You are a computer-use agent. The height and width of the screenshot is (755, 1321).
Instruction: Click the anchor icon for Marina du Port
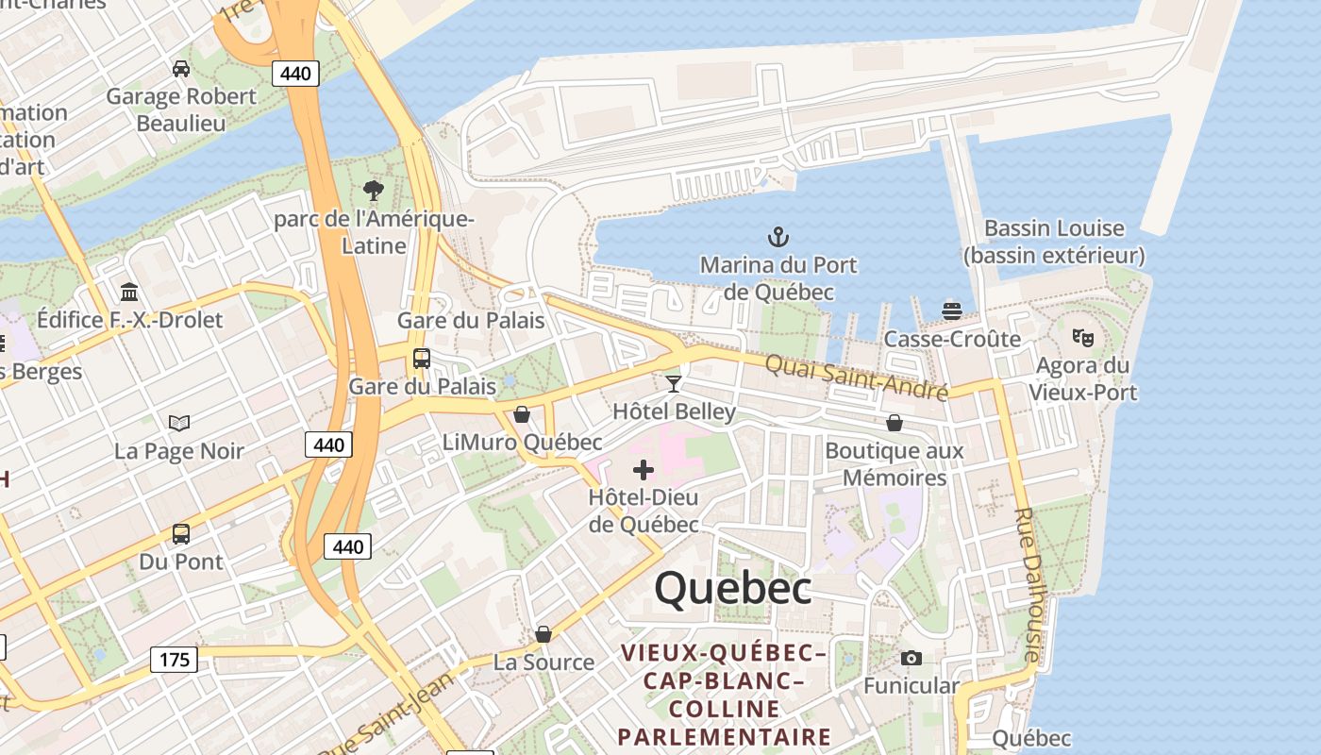coord(778,237)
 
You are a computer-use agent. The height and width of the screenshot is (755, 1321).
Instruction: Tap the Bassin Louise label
coord(1054,242)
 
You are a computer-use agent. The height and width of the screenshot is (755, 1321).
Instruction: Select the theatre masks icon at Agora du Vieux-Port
coord(1082,337)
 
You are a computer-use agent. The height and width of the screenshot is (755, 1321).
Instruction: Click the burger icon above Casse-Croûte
coord(952,310)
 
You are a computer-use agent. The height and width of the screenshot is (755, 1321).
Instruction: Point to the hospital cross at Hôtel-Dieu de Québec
coord(644,469)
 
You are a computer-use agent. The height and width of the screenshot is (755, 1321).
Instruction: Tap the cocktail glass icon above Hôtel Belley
coord(673,383)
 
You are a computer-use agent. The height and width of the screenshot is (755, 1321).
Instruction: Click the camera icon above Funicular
coord(911,658)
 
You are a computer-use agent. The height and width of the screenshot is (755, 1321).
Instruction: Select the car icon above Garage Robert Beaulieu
coord(180,69)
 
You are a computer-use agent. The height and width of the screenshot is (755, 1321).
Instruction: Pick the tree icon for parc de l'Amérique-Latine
coord(374,191)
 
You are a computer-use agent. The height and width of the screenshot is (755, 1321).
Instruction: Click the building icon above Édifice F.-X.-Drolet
coord(129,292)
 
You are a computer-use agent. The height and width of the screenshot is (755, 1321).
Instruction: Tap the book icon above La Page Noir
coord(178,423)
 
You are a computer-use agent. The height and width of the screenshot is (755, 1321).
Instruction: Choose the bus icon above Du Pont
coord(180,534)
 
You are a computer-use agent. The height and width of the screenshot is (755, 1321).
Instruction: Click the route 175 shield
coord(175,660)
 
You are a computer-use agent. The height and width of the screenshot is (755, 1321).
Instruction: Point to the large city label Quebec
coord(733,588)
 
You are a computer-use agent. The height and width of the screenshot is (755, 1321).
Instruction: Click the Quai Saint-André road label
coord(855,377)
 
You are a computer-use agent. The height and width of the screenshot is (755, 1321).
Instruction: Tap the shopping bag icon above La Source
coord(543,634)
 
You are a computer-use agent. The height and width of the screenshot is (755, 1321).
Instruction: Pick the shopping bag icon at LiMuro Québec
coord(521,414)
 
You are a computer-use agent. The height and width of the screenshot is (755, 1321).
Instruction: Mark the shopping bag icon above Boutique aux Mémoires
coord(894,423)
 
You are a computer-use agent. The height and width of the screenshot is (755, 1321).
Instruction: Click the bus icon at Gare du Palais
coord(421,359)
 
